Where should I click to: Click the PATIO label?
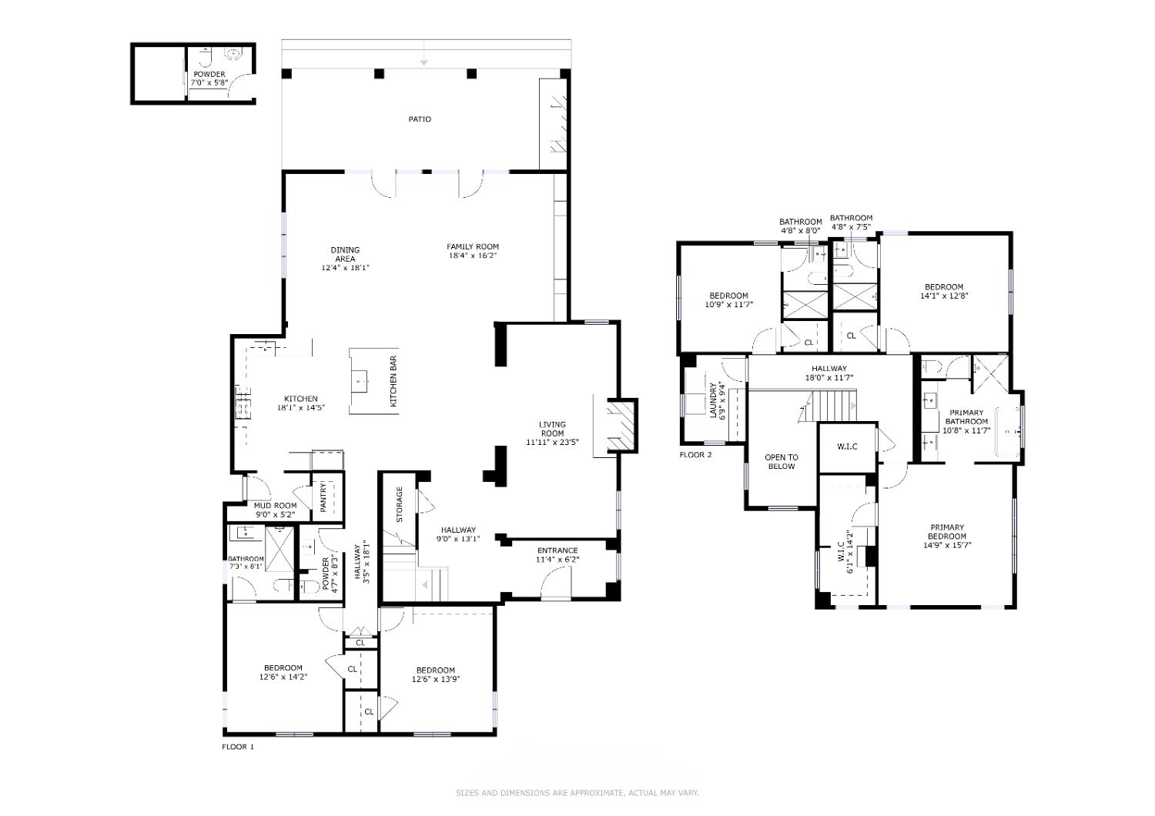pos(420,119)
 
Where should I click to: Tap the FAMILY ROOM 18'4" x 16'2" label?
pos(473,251)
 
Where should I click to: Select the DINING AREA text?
pos(345,255)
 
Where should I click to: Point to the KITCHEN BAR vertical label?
pos(393,382)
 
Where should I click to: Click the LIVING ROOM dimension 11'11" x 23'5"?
pos(552,443)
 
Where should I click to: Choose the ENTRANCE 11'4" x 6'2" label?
pos(557,555)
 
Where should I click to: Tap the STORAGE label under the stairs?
pos(400,504)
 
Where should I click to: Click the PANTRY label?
pos(323,497)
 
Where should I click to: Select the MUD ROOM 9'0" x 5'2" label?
pos(275,510)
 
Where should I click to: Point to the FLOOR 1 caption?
pos(238,747)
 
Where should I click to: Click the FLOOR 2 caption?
pos(695,455)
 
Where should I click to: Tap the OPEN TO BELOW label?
pos(781,462)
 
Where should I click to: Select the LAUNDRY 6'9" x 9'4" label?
pos(718,400)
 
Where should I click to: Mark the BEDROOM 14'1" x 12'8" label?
pos(944,291)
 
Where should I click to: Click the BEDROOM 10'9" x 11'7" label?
pos(728,300)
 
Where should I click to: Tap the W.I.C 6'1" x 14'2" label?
pos(845,551)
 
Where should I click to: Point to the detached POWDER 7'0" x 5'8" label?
pos(209,79)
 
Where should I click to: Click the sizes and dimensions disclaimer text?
pos(577,793)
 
